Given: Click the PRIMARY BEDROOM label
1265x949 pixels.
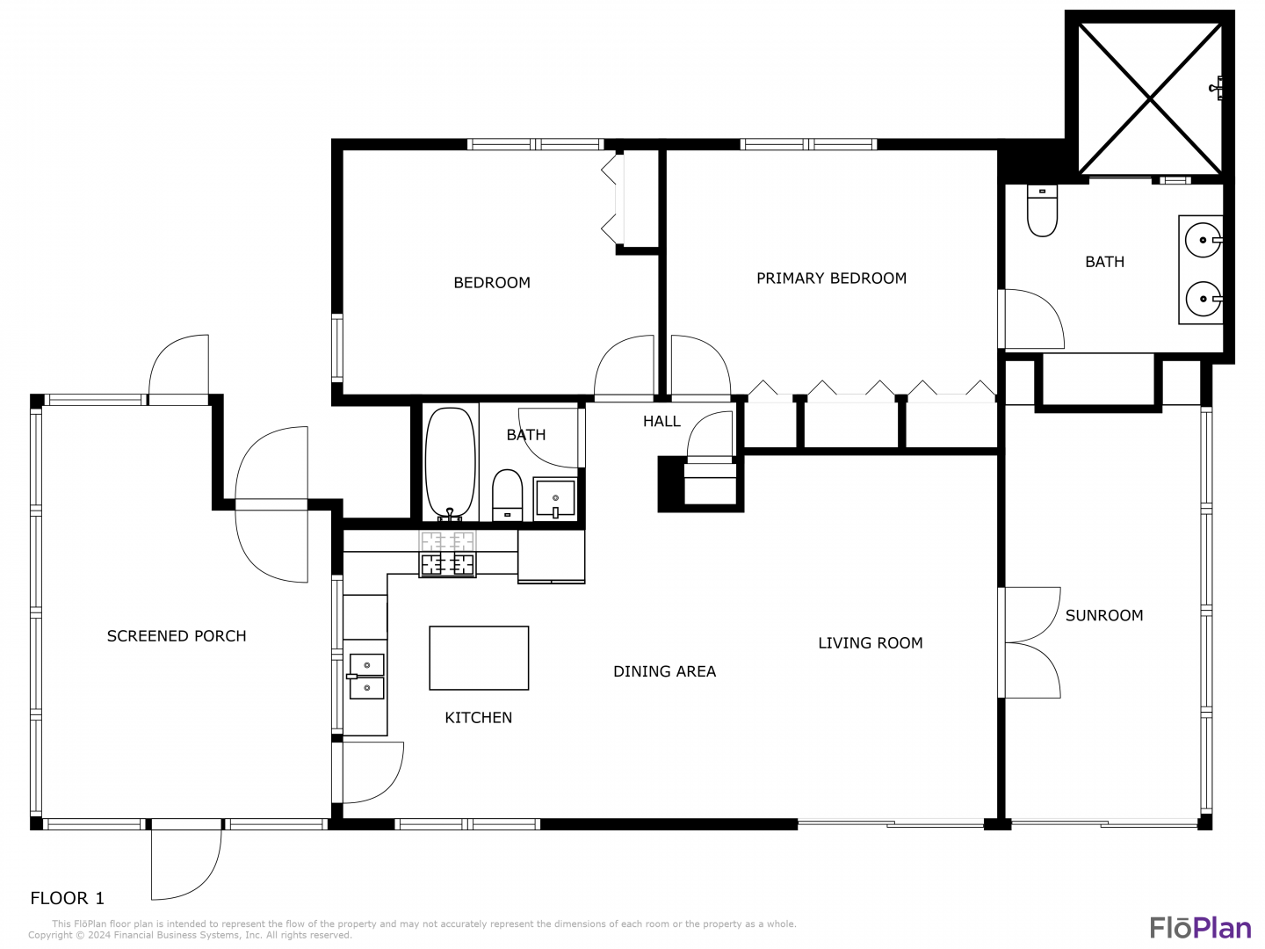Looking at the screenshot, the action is pos(831,279).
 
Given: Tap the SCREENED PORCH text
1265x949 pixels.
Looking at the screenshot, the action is pos(177,636).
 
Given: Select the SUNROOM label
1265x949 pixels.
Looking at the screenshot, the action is pos(1103,615).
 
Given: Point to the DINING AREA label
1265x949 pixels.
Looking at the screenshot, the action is pos(664,671).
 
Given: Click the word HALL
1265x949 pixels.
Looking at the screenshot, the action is pos(661,421).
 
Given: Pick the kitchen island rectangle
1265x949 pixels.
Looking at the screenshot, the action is pos(479,657).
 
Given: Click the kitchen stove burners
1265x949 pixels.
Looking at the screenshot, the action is pos(447,564).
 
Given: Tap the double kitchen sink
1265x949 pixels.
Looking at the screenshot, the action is pos(366,676).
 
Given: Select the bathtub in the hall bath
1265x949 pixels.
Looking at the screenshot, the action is pos(450,464).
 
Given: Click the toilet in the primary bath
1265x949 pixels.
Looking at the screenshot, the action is pos(1042,211).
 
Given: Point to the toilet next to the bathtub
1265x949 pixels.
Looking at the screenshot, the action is pos(507,496).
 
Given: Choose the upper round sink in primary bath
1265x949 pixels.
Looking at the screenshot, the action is pos(1203,240).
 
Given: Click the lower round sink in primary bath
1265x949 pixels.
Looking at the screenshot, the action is pos(1204,299).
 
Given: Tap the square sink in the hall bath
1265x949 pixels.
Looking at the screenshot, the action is pos(554,499).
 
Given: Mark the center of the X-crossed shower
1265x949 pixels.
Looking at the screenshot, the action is pos(1150,99).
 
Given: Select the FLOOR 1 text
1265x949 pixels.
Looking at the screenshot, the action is pos(68,898).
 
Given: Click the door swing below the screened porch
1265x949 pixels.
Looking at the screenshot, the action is pos(186,865).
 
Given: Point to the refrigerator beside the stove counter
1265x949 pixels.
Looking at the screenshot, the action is pos(551,556).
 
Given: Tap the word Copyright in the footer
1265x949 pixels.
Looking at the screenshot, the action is pos(51,935).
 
